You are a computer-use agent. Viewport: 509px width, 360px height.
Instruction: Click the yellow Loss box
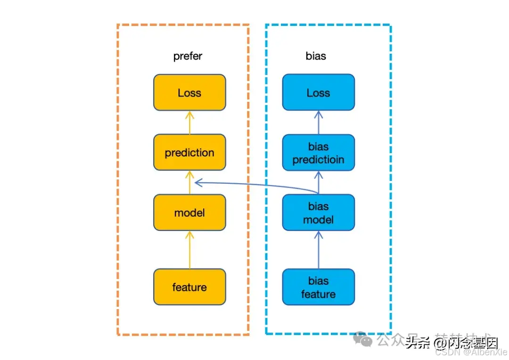[189, 92]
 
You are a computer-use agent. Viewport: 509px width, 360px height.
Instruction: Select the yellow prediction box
[189, 152]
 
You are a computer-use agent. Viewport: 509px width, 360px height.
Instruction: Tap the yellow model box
[189, 213]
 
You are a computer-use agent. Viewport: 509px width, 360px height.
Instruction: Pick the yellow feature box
[189, 287]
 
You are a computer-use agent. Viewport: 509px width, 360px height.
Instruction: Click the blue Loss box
[318, 92]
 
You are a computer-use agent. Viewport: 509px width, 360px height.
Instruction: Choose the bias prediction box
[318, 153]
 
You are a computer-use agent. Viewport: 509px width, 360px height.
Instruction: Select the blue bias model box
[318, 213]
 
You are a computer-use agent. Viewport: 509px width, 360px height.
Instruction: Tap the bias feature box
[318, 287]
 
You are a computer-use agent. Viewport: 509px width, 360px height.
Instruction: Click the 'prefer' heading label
[188, 56]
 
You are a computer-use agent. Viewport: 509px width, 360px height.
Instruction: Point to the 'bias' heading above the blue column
[316, 56]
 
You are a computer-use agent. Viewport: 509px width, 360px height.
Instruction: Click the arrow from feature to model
[189, 250]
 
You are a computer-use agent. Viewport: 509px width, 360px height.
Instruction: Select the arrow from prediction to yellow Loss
[189, 123]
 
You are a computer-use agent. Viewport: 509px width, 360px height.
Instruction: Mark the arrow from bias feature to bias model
[318, 250]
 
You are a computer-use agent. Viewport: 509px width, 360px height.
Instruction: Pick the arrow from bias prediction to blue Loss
[318, 123]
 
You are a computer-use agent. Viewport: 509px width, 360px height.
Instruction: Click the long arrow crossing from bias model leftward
[254, 186]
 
